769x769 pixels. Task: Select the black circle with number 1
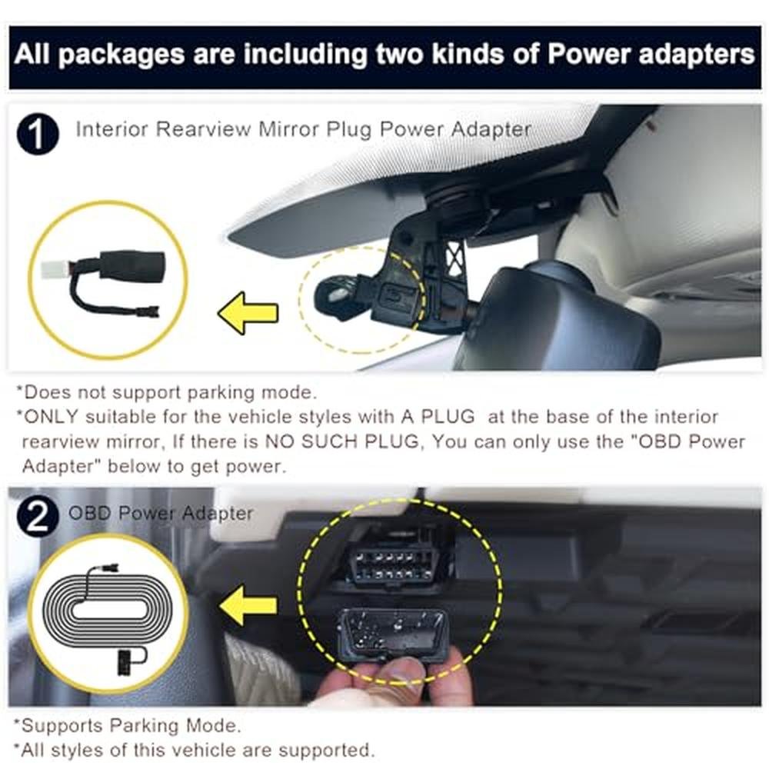tap(38, 134)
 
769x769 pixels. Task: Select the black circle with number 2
tap(38, 516)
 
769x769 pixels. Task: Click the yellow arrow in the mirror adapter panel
tap(248, 314)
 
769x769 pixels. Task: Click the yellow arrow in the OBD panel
tap(248, 606)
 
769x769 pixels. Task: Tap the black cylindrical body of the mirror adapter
tap(132, 265)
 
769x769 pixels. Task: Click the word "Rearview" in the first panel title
tap(202, 129)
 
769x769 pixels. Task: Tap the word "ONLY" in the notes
tap(51, 417)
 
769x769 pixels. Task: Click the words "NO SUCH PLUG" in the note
tap(342, 441)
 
